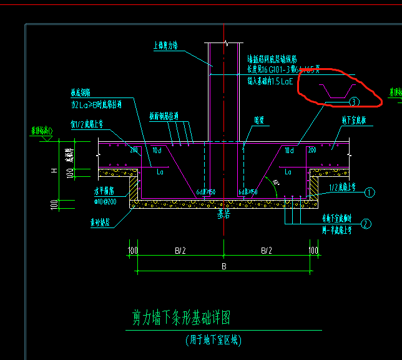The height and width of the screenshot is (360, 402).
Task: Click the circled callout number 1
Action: [x=370, y=192]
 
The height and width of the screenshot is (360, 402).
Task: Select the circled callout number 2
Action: [x=366, y=223]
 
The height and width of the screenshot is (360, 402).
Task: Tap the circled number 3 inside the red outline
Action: [x=354, y=101]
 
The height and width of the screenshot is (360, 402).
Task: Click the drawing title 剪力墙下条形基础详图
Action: [x=182, y=319]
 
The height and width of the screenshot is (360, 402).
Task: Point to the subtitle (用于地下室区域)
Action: [x=213, y=341]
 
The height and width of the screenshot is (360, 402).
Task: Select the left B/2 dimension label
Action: [x=180, y=251]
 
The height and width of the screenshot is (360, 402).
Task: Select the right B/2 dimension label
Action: [x=267, y=251]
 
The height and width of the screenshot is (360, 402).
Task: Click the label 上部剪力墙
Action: [x=166, y=46]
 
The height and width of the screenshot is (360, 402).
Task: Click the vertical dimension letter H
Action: [x=54, y=170]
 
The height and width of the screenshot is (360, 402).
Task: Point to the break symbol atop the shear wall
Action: [x=224, y=44]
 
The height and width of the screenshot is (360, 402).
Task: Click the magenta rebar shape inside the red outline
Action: [x=338, y=91]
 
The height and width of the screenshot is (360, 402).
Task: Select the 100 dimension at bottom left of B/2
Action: [x=132, y=251]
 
